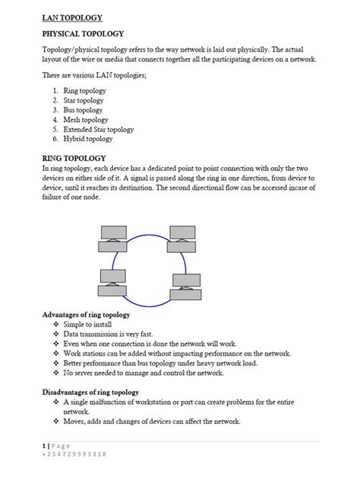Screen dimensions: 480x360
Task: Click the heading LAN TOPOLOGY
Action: pyautogui.click(x=72, y=17)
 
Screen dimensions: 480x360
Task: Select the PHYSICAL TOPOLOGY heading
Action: pyautogui.click(x=83, y=34)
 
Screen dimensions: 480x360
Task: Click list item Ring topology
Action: pyautogui.click(x=84, y=90)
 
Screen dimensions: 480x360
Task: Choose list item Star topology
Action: pyautogui.click(x=84, y=100)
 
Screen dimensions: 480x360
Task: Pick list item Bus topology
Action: pyautogui.click(x=84, y=110)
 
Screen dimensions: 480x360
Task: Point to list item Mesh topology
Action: pyautogui.click(x=86, y=120)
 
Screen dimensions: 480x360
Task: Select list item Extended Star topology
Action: pyautogui.click(x=99, y=130)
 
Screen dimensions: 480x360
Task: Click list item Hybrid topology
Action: pyautogui.click(x=88, y=139)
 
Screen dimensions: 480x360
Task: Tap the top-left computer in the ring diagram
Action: pyautogui.click(x=113, y=238)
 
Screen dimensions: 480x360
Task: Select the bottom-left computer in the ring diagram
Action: pyautogui.click(x=112, y=283)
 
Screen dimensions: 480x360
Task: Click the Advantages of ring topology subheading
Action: pyautogui.click(x=86, y=314)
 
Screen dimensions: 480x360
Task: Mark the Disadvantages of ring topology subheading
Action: pyautogui.click(x=93, y=392)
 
